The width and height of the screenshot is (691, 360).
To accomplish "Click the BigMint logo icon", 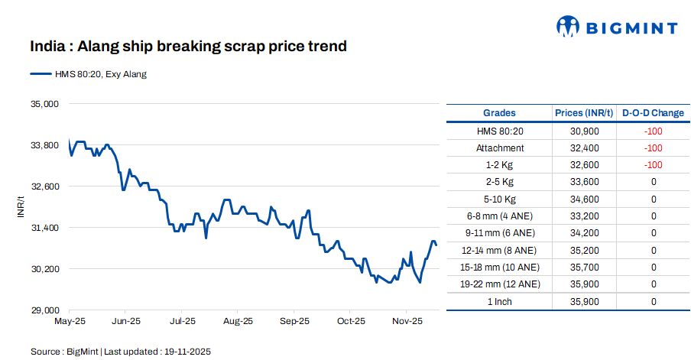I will [568, 27].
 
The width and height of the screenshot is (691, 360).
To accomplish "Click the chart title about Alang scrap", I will [189, 47].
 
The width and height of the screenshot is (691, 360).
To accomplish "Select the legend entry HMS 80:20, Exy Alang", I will [88, 74].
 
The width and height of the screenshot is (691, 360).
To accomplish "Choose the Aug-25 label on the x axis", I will [238, 321].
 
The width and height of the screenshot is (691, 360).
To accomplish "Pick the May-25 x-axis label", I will [69, 321].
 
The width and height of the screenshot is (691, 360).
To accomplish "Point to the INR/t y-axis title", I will [21, 207].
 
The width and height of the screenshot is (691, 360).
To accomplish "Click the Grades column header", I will [499, 113].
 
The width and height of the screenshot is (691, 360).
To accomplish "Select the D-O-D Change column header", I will [653, 113].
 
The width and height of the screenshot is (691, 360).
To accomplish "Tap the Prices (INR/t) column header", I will [584, 113].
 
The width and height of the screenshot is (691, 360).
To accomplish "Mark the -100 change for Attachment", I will [653, 148].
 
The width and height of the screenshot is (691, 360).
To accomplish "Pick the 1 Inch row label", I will [500, 301].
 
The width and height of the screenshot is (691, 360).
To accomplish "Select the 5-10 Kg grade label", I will [500, 199].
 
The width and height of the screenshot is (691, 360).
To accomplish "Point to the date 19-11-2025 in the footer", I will [186, 352].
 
